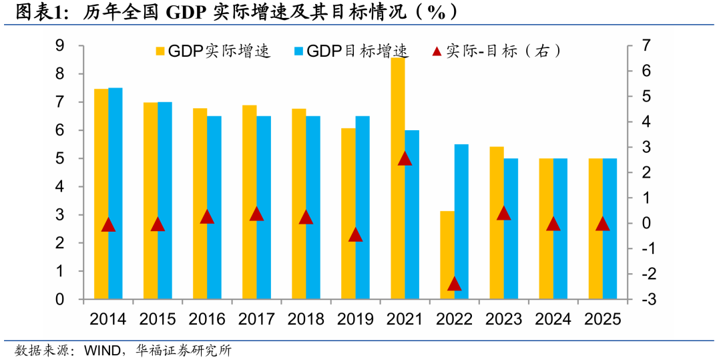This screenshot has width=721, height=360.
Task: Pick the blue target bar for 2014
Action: [x=115, y=194]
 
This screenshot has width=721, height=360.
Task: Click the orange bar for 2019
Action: [x=348, y=214]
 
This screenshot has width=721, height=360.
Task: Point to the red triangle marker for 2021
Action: [x=405, y=159]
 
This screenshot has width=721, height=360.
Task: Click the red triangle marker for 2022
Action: [x=455, y=284]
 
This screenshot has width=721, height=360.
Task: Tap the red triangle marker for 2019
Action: [x=355, y=234]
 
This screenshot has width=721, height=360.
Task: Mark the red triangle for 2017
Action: [x=256, y=214]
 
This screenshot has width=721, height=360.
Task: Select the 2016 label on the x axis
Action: [x=207, y=319]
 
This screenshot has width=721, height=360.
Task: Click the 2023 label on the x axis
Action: [x=503, y=319]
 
